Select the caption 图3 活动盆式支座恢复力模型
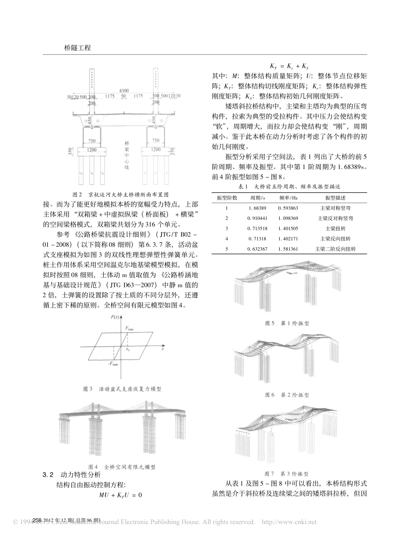tap(122, 389)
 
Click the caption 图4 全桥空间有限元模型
tap(122, 467)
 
